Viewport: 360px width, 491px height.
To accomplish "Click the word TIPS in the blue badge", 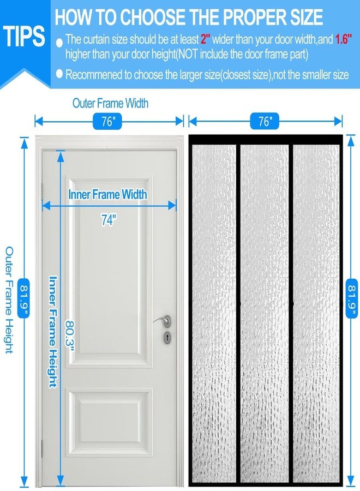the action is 24,36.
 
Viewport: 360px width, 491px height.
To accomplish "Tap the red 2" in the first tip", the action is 205,39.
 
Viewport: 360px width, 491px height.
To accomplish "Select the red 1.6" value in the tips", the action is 344,39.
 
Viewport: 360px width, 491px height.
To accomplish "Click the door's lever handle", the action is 163,321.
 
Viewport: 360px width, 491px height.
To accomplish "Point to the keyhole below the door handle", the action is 168,337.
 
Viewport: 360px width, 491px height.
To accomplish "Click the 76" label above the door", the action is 107,121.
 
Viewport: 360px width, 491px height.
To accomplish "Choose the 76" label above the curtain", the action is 265,121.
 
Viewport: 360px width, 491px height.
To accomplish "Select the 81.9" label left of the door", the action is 23,298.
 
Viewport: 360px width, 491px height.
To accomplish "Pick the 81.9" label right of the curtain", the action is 352,298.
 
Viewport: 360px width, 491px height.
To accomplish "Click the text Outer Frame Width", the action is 111,103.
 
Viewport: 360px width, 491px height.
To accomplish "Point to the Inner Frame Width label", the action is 107,194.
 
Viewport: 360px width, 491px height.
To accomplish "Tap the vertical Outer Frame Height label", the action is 9,300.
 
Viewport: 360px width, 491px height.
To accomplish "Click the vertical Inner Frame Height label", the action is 53,332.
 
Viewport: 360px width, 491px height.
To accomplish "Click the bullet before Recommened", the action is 59,74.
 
